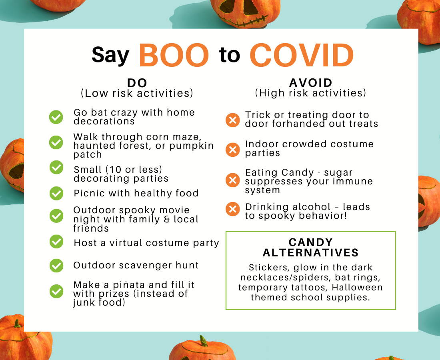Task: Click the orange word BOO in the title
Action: tap(174, 55)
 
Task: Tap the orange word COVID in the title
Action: tap(302, 55)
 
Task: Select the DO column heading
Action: tap(137, 83)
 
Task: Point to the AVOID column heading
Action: tap(311, 83)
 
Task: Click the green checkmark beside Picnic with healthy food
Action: tap(56, 193)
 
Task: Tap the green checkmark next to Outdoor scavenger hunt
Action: tap(56, 266)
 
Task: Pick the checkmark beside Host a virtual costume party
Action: tap(56, 242)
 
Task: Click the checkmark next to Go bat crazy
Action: tap(56, 117)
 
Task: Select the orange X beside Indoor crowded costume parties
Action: tap(233, 150)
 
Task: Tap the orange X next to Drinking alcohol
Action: tap(233, 209)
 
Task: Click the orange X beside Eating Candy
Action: tap(233, 180)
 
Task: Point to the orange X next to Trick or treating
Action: tap(233, 120)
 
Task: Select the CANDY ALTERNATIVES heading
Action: tap(311, 248)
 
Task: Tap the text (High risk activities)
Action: tap(311, 93)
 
